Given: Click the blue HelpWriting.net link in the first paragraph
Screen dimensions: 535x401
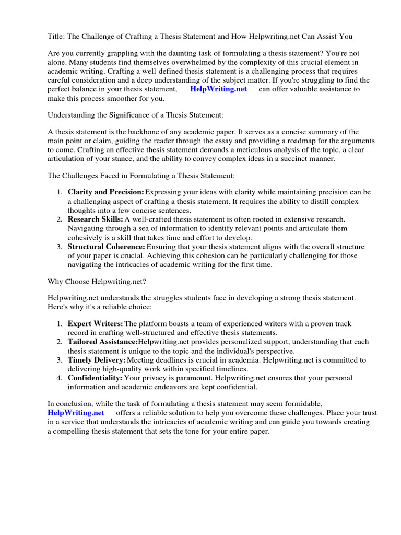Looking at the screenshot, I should pos(218,89).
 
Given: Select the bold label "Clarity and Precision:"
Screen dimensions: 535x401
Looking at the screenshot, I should pos(106,192).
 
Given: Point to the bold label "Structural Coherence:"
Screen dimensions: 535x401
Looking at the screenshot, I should pos(107,246).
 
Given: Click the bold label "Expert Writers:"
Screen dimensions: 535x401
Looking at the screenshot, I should pos(96,324).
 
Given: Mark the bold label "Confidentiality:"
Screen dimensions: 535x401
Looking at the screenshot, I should pos(95,378).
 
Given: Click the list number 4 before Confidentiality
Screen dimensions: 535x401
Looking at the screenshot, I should pos(60,378).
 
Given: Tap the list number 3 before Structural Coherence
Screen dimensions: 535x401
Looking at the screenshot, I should pos(60,246).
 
